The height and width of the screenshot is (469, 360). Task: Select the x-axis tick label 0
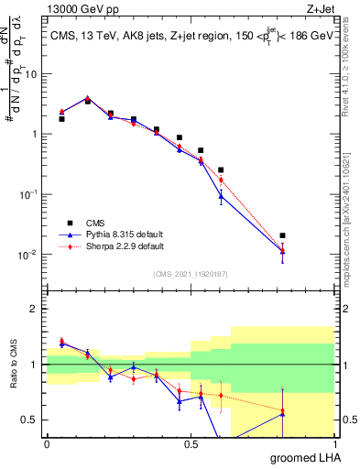(47, 444)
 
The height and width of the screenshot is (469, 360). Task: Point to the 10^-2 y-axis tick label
(30, 254)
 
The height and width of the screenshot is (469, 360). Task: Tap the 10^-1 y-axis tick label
(30, 193)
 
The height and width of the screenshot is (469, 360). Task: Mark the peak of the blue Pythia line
(87, 97)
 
